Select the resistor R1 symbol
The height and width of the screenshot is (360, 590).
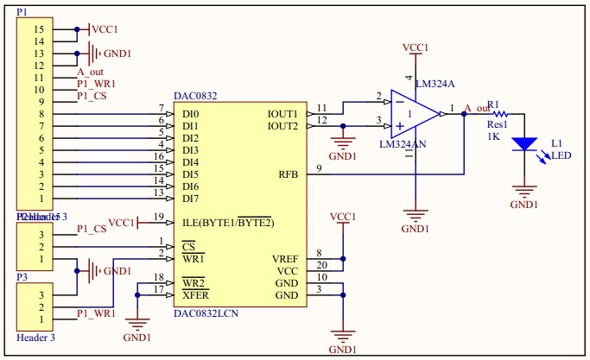click(500, 112)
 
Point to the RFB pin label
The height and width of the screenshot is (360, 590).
click(288, 174)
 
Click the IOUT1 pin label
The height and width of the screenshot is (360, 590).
click(282, 114)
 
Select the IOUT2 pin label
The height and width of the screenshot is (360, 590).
click(282, 126)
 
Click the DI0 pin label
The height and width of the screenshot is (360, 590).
click(190, 114)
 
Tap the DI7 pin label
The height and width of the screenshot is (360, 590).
click(190, 199)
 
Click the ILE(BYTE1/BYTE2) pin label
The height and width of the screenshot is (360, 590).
click(227, 223)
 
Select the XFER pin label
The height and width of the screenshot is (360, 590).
click(194, 295)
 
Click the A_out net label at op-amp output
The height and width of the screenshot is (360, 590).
click(477, 108)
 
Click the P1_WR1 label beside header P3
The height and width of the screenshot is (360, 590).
click(96, 313)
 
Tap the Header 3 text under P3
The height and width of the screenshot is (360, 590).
click(35, 338)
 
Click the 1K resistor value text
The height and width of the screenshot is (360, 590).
click(493, 136)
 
